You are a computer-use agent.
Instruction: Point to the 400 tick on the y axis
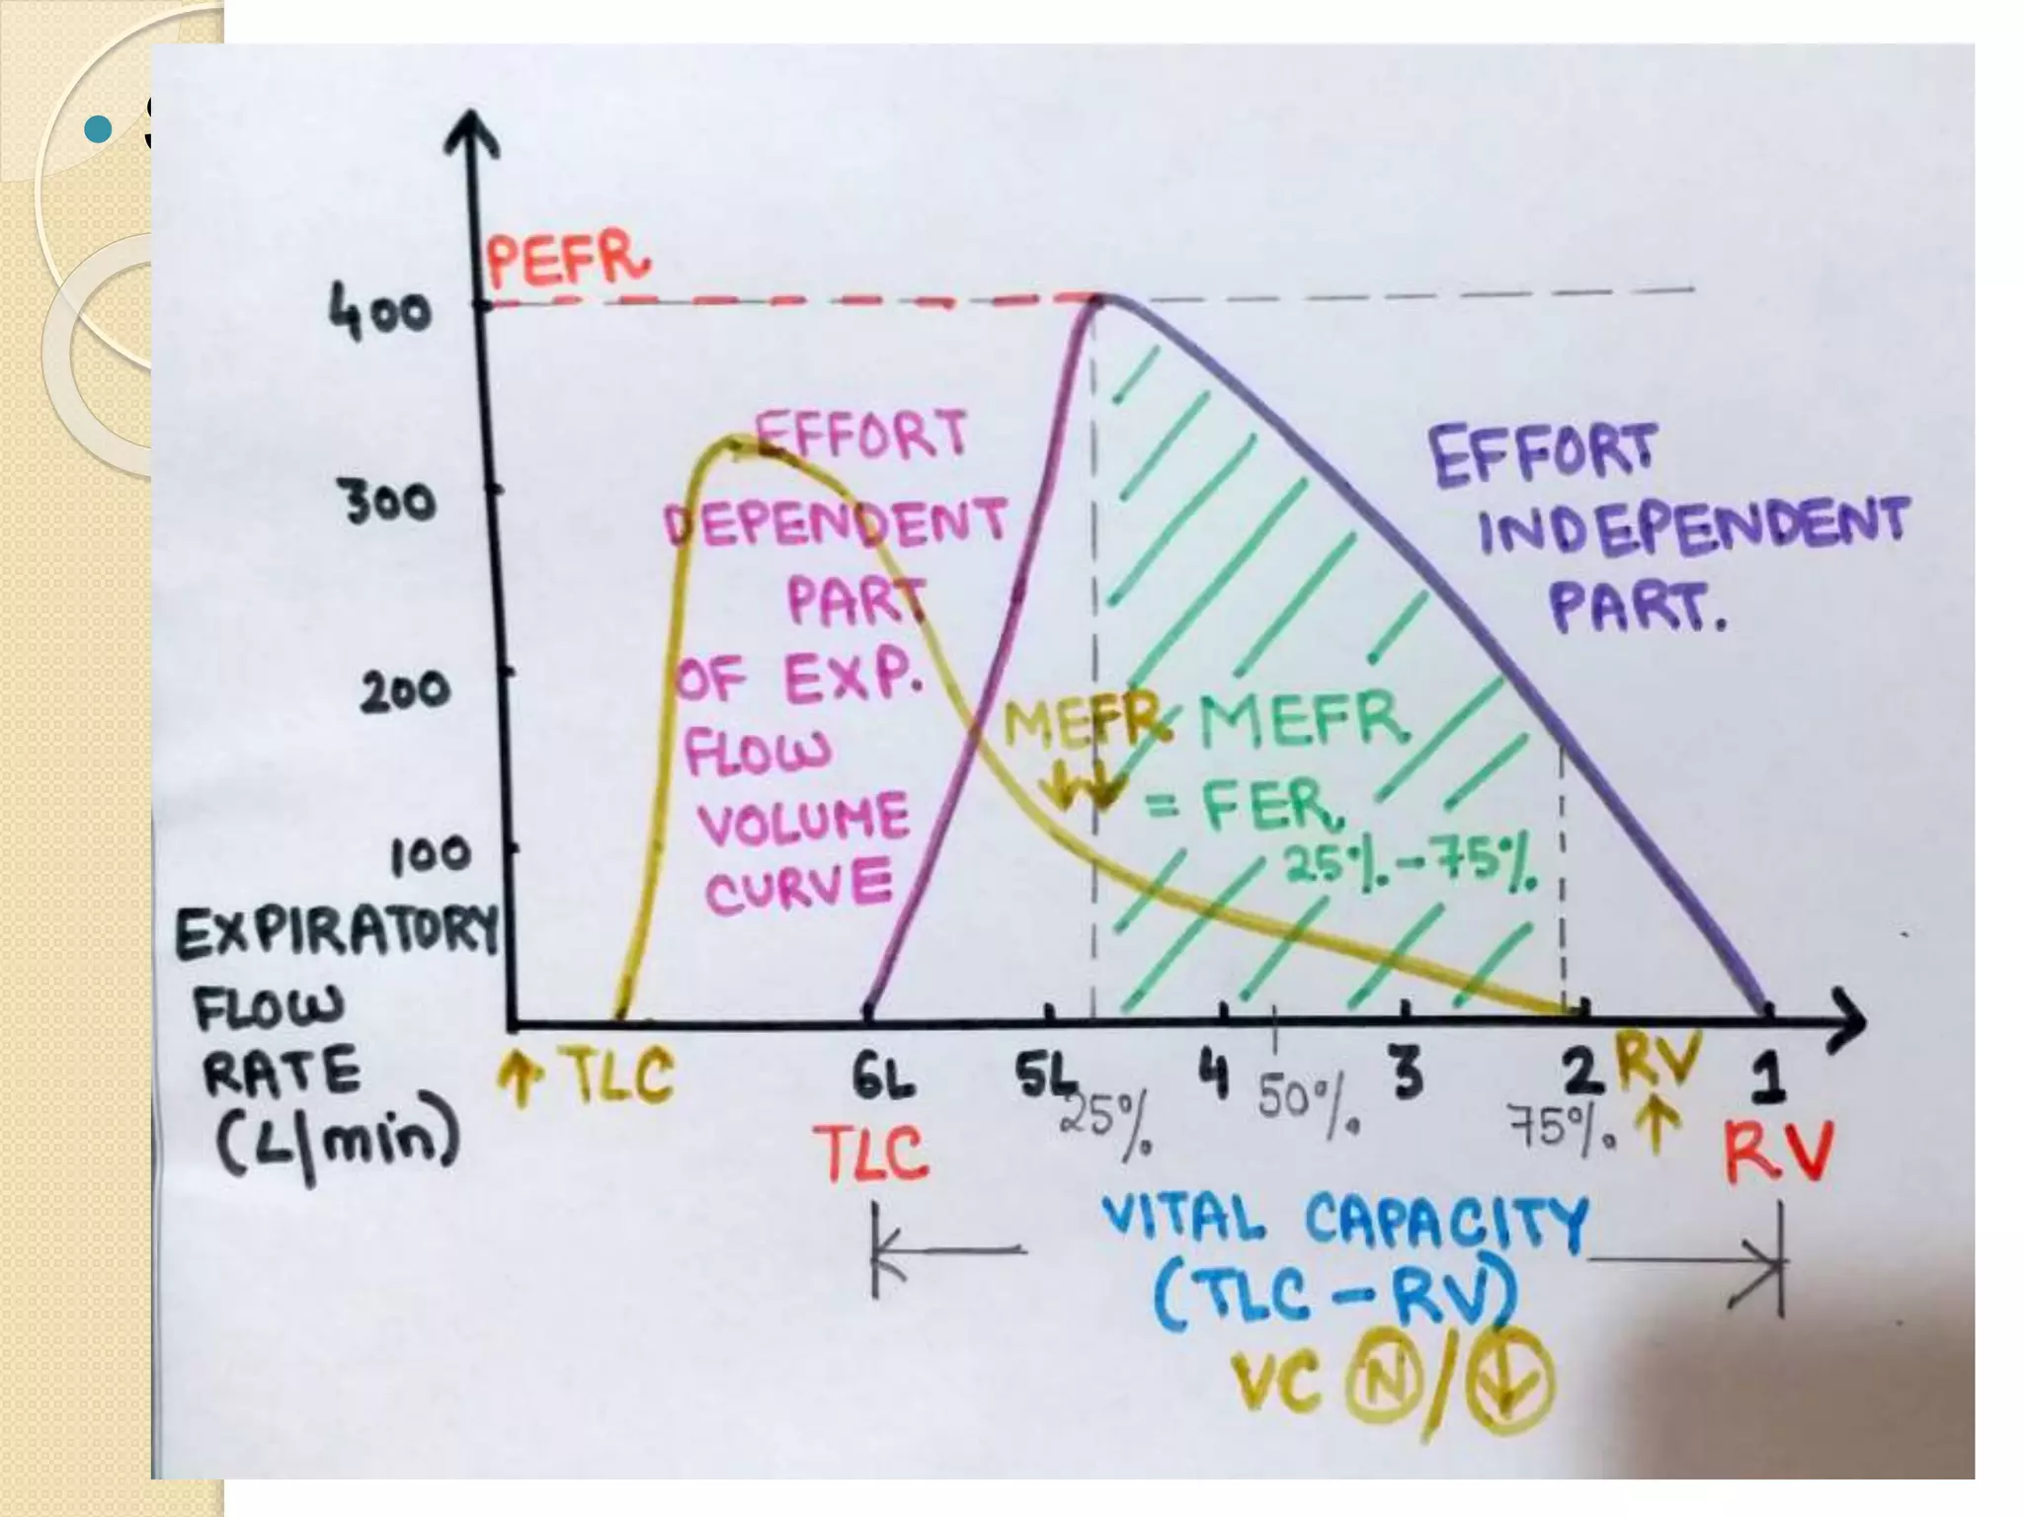[x=380, y=314]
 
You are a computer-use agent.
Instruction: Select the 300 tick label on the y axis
[x=389, y=503]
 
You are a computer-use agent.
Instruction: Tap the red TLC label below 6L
[x=872, y=1154]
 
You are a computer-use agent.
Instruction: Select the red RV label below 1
[x=1777, y=1152]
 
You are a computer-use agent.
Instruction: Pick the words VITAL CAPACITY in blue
[x=1345, y=1221]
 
